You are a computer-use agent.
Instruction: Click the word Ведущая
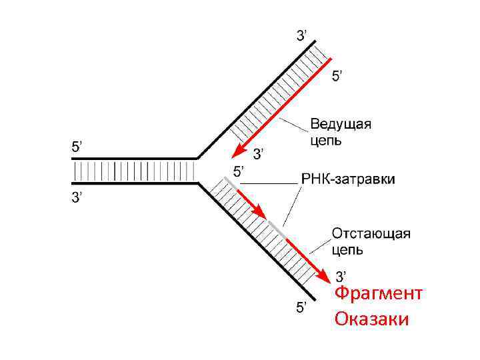coord(341,125)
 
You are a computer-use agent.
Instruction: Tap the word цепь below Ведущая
coord(326,141)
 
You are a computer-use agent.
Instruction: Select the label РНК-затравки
coord(348,179)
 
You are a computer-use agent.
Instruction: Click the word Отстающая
coord(371,234)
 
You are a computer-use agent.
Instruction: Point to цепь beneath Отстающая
coord(347,250)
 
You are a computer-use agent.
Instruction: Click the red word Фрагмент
coord(378,294)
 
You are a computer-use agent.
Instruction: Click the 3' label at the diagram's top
coord(301,35)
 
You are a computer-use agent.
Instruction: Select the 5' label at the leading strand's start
coord(338,77)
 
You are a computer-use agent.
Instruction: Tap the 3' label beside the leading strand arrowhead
coord(257,155)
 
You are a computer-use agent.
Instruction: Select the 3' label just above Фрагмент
coord(340,275)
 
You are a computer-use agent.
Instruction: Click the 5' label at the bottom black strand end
coord(301,307)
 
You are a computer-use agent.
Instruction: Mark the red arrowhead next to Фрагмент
coord(323,275)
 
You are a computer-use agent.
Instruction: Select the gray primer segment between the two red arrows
coord(275,227)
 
